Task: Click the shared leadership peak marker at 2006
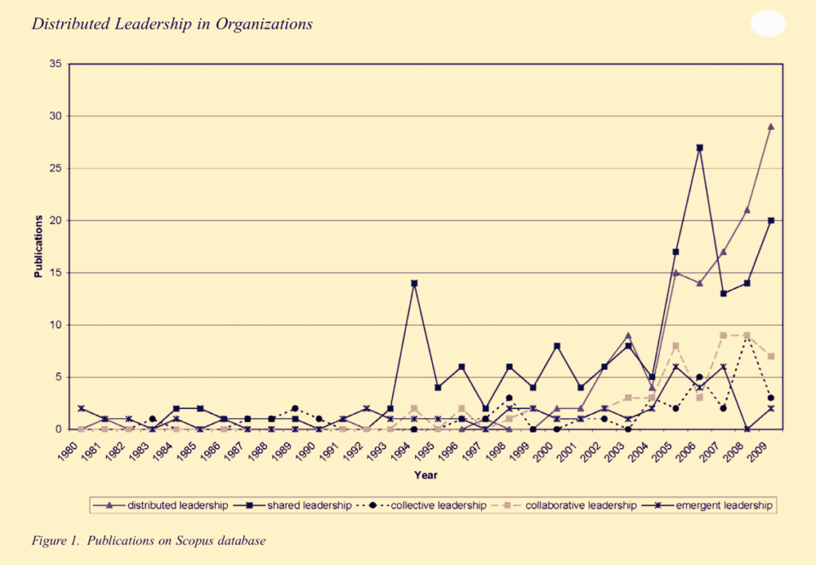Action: click(700, 147)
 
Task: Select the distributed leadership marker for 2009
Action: click(771, 127)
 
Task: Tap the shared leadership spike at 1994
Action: click(414, 283)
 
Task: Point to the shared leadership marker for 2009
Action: click(771, 221)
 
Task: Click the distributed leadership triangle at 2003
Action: click(629, 335)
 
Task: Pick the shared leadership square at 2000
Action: click(557, 346)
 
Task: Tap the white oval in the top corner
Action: click(768, 24)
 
